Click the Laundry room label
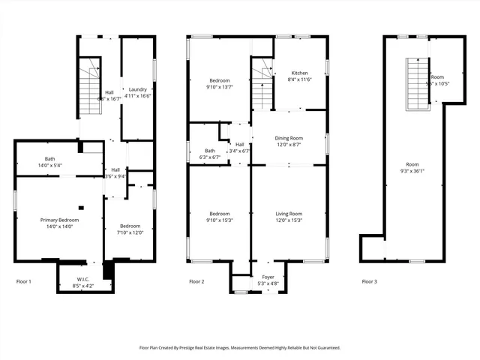(137, 89)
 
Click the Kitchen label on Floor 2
(299, 73)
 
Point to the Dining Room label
(289, 138)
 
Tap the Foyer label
(268, 277)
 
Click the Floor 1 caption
(24, 281)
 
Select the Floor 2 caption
(196, 281)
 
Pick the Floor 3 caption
(369, 281)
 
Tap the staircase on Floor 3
(415, 83)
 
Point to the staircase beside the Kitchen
(261, 85)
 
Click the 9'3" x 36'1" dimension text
(412, 169)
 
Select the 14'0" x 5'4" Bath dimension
(49, 165)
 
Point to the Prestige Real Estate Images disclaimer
(240, 347)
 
